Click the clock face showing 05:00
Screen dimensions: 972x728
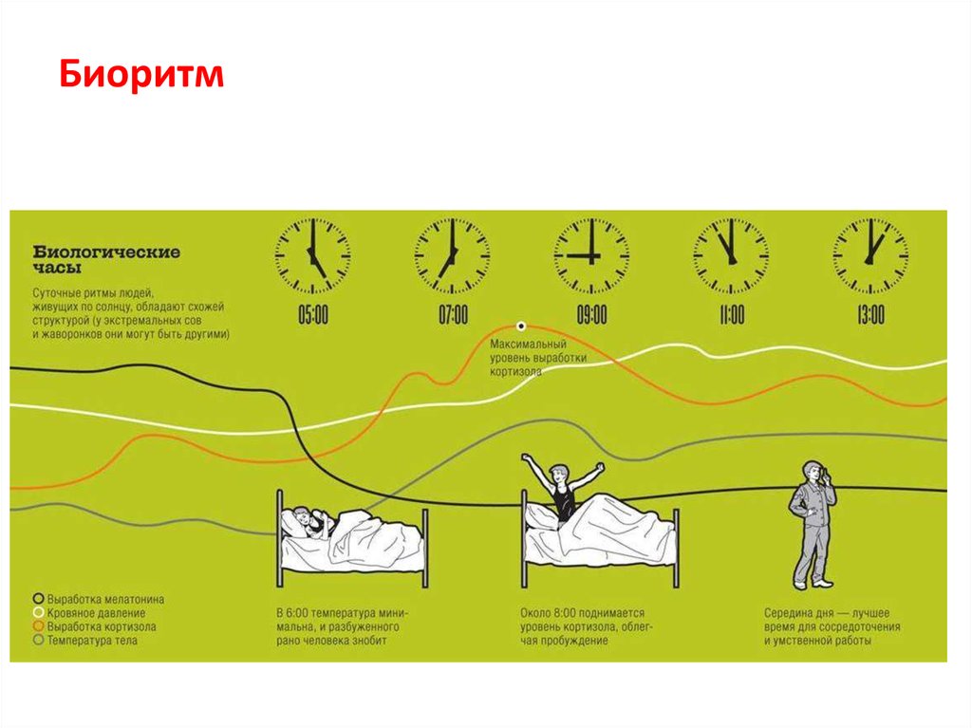[313, 255]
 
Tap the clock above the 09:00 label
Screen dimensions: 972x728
[591, 255]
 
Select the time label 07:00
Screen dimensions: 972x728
[453, 315]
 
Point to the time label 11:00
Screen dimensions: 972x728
[732, 315]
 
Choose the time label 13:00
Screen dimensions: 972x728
[871, 315]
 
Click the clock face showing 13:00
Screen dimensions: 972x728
[870, 255]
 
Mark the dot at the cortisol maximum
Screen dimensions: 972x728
[521, 327]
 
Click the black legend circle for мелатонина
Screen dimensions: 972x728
[38, 599]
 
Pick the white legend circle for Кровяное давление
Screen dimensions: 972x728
[38, 612]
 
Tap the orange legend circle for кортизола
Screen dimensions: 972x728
[38, 626]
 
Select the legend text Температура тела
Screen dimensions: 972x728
[92, 641]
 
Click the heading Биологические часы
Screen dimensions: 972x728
[106, 260]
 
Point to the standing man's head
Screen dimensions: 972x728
[811, 472]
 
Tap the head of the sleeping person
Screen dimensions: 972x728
[301, 517]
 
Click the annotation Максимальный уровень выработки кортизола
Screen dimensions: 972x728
[537, 358]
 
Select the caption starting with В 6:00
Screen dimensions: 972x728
[342, 627]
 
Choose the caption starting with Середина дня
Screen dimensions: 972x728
[832, 627]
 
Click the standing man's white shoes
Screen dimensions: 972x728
[812, 584]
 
